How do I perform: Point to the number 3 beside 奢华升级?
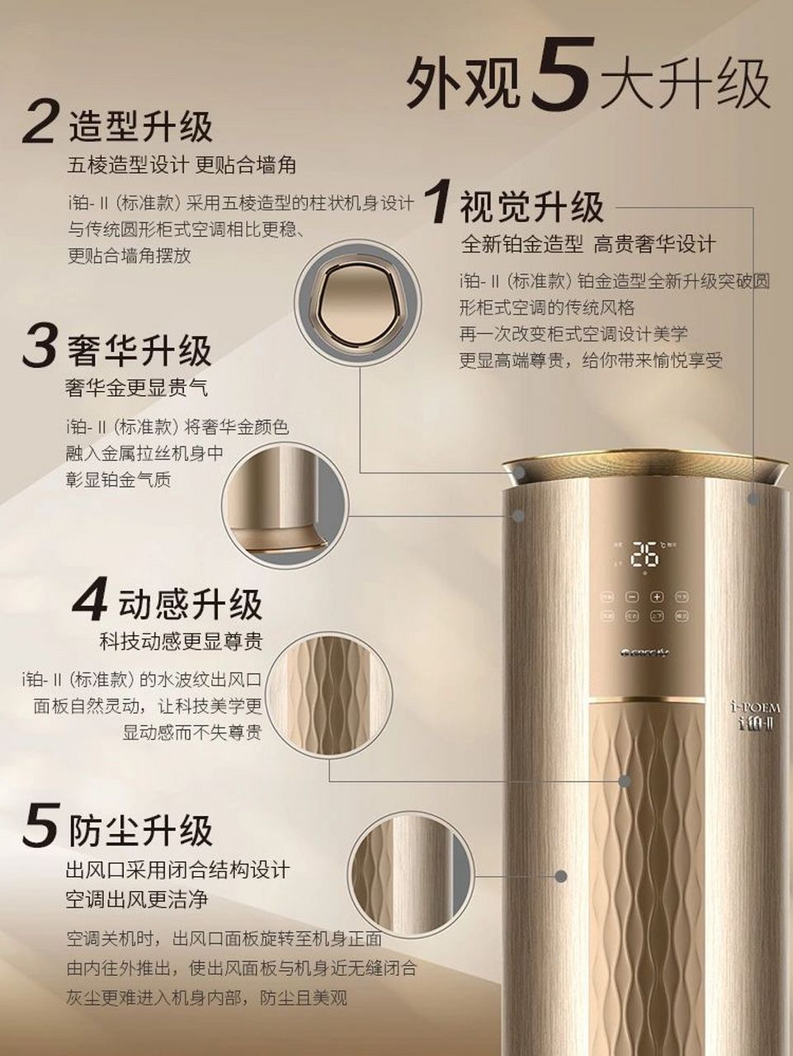point(40,346)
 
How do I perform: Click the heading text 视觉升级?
point(531,206)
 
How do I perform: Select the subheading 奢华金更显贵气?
point(136,387)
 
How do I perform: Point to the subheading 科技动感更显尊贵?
point(181,641)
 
